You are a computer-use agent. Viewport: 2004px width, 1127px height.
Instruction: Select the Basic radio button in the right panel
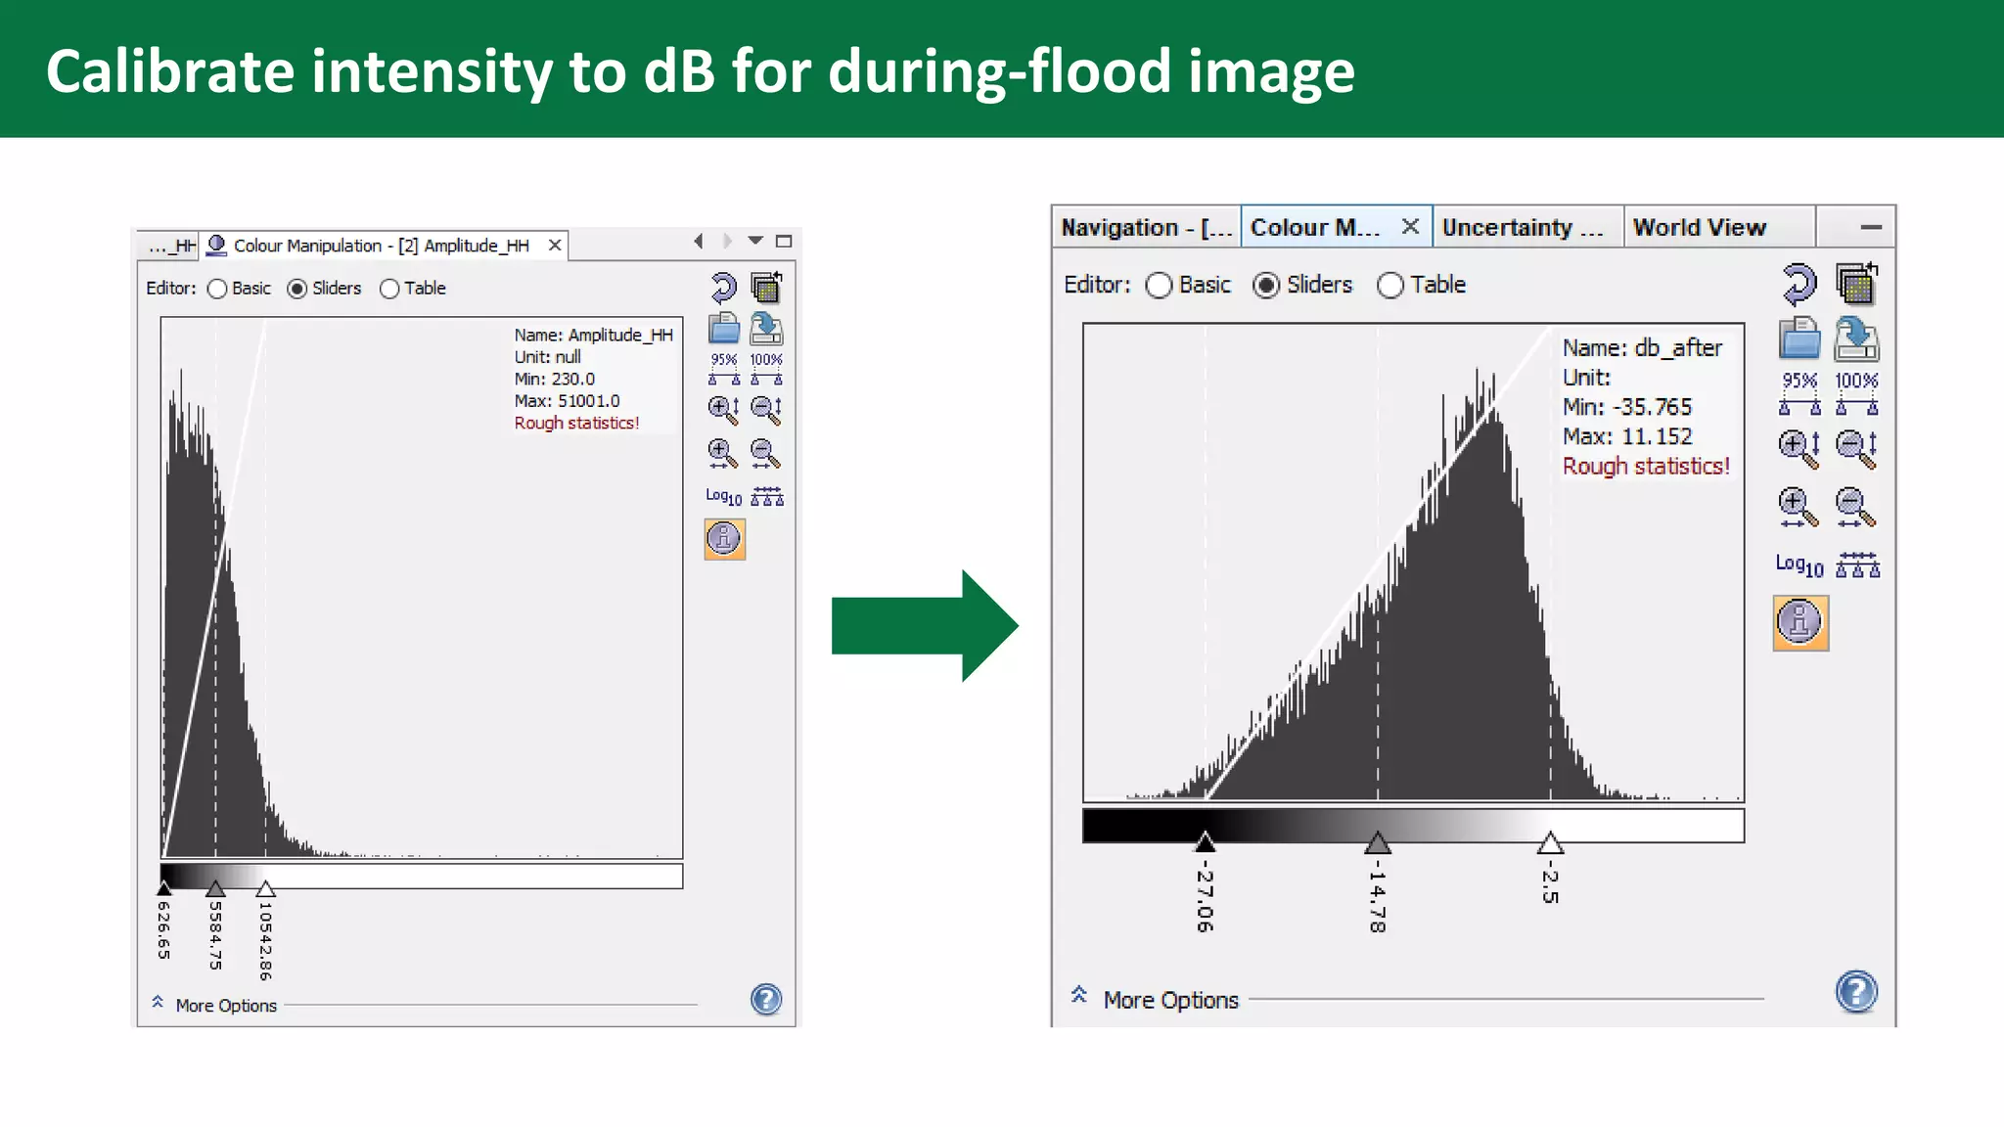pos(1160,285)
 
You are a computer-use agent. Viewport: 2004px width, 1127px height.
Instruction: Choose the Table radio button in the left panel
pos(389,289)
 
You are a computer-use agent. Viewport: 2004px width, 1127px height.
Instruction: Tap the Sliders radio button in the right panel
pos(1266,285)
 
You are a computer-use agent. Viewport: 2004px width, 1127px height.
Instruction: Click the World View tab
pos(1700,227)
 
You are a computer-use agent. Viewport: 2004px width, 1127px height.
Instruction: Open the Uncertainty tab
pos(1522,227)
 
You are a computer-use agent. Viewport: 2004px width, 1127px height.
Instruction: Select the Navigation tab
pos(1146,227)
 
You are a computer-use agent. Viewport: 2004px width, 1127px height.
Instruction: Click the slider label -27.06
pos(1205,895)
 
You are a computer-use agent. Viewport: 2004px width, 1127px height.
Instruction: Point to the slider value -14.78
pos(1377,895)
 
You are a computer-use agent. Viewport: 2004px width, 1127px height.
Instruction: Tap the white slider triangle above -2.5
pos(1550,842)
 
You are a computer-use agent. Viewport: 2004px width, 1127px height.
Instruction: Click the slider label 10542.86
pos(265,940)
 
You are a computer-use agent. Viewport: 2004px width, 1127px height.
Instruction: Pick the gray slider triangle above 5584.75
pos(215,888)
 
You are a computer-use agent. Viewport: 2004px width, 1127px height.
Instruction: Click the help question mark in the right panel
pos(1856,992)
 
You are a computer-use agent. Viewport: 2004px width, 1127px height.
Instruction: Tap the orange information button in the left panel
pos(724,539)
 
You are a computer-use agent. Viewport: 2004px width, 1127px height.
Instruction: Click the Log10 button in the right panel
pos(1799,565)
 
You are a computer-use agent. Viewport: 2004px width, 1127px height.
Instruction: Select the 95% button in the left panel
pos(724,368)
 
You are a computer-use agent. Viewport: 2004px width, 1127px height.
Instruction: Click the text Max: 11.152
pos(1627,436)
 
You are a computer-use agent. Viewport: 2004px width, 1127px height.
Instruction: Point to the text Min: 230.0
pos(554,379)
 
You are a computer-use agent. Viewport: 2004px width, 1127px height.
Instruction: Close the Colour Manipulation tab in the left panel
pos(555,245)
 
